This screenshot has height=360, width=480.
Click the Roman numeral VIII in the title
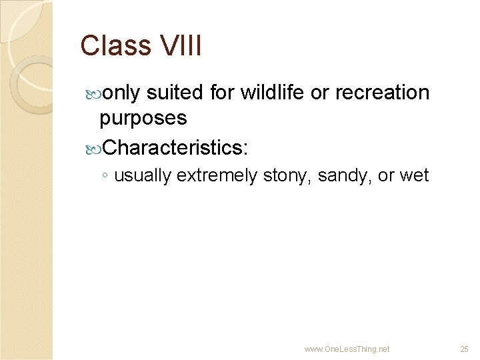pyautogui.click(x=181, y=46)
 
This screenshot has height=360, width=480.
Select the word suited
pyautogui.click(x=175, y=93)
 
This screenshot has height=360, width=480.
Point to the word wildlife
pyautogui.click(x=272, y=93)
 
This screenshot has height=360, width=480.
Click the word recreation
pyautogui.click(x=382, y=93)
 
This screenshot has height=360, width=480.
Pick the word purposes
pyautogui.click(x=143, y=118)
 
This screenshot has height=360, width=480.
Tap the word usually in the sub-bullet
pyautogui.click(x=143, y=176)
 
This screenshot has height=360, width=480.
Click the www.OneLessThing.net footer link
pyautogui.click(x=347, y=349)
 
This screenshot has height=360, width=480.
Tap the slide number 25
pyautogui.click(x=465, y=349)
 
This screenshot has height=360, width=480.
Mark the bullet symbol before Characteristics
pyautogui.click(x=93, y=146)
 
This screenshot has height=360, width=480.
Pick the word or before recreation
pyautogui.click(x=320, y=93)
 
